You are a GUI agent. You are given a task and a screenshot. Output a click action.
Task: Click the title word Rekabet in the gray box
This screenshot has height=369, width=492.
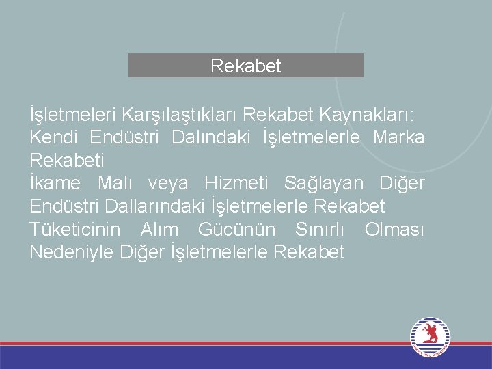[x=246, y=66]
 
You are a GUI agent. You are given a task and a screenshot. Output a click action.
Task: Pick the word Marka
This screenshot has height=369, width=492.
[x=399, y=137]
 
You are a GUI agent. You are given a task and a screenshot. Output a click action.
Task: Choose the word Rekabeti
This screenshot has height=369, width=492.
[x=67, y=161]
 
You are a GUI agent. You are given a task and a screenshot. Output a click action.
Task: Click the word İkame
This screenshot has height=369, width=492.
[x=55, y=183]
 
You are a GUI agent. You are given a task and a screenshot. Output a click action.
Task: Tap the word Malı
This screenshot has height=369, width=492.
[x=118, y=183]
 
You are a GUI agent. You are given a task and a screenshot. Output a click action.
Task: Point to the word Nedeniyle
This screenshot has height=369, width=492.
[x=72, y=252]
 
